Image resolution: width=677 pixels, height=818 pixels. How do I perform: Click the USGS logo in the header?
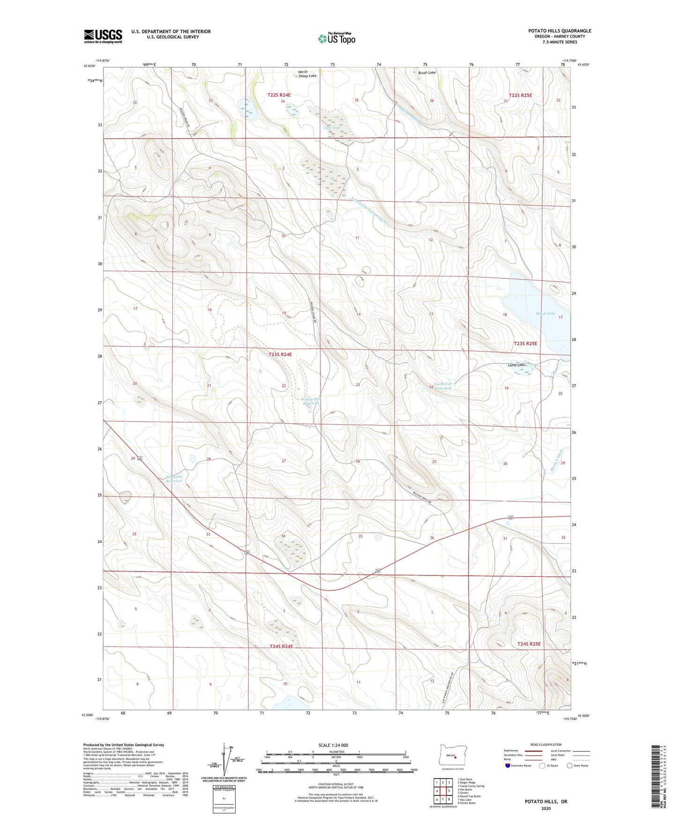[103, 36]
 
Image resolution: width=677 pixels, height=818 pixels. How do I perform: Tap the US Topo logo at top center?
[336, 38]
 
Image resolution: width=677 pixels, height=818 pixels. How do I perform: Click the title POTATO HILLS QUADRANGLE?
[559, 31]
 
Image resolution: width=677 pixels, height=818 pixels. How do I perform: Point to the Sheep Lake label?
[545, 313]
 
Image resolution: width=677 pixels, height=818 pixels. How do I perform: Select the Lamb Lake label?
[517, 365]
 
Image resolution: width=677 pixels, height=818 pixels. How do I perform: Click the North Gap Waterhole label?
[443, 386]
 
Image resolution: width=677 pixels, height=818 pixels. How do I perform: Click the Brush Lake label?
[427, 73]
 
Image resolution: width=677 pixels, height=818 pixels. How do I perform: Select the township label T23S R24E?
[280, 355]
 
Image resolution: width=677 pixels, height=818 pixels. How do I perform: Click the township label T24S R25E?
[529, 644]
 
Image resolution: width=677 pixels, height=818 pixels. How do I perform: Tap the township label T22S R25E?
[520, 95]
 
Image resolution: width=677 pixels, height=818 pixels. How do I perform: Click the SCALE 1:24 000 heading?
[333, 745]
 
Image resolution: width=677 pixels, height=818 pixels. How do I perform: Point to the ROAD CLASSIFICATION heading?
[546, 744]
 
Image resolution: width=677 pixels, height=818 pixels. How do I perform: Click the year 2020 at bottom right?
[546, 808]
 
